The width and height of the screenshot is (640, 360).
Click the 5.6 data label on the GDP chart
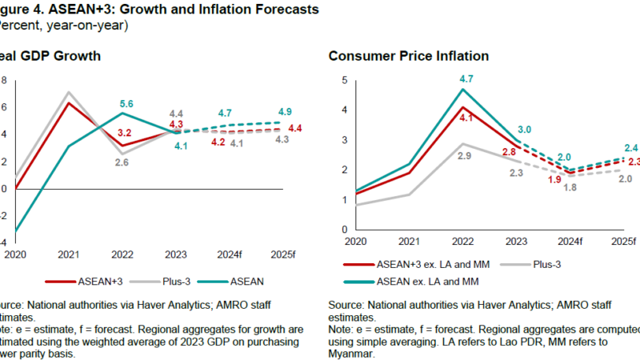click(126, 104)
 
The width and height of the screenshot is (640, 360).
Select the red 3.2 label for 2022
click(126, 133)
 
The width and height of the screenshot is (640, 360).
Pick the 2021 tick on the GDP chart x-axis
click(69, 254)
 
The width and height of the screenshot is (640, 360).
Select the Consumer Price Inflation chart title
click(409, 56)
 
